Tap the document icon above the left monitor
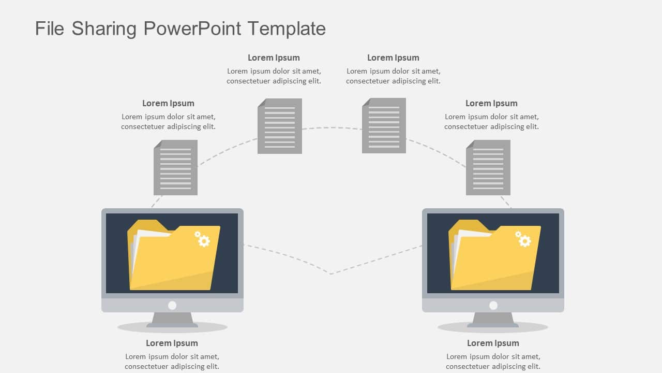point(175,167)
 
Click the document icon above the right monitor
point(488,167)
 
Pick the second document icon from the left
point(280,126)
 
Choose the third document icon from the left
point(384,125)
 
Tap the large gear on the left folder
point(204,241)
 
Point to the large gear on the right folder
point(525,241)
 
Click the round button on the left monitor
point(172,305)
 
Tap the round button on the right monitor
point(493,305)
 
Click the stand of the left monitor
point(172,319)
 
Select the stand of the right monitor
point(493,319)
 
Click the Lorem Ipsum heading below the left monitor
point(172,343)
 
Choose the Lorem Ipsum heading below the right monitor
point(493,343)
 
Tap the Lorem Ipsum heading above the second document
point(274,58)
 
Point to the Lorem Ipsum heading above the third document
point(393,58)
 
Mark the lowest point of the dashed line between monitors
point(331,274)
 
